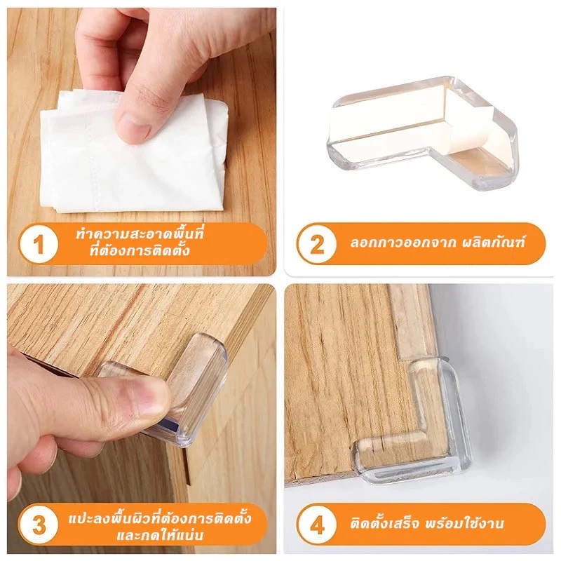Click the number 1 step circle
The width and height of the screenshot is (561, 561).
pos(39,245)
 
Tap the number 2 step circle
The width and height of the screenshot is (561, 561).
pos(316,245)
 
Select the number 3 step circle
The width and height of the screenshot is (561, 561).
pos(39,525)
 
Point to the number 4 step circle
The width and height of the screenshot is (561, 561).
pos(316,525)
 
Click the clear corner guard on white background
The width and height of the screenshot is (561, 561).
pos(422,133)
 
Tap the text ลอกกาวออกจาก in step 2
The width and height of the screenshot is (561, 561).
pos(403,243)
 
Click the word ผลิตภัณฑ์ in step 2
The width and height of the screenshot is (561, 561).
pos(493,243)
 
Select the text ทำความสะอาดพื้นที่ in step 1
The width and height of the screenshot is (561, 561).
pos(140,234)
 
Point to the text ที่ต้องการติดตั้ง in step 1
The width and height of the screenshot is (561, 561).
pos(140,251)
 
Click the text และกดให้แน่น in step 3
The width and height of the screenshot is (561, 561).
pos(160,535)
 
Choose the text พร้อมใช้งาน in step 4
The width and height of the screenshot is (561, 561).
pos(465,524)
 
